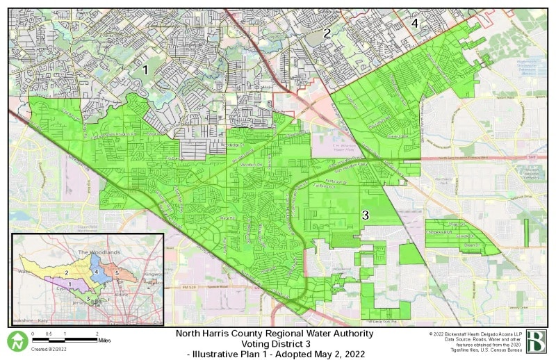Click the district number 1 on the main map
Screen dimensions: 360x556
tap(145, 69)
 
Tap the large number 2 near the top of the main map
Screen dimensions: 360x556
tap(327, 33)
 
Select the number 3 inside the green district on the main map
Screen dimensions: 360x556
tap(364, 216)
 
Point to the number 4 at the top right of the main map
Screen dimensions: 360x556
tap(415, 23)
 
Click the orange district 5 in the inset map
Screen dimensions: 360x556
tap(118, 273)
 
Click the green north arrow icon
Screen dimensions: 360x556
tap(17, 341)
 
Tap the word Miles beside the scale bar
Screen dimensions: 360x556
tap(104, 341)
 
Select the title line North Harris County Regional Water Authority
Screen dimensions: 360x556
tap(274, 334)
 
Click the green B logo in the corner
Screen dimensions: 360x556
tap(536, 342)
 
